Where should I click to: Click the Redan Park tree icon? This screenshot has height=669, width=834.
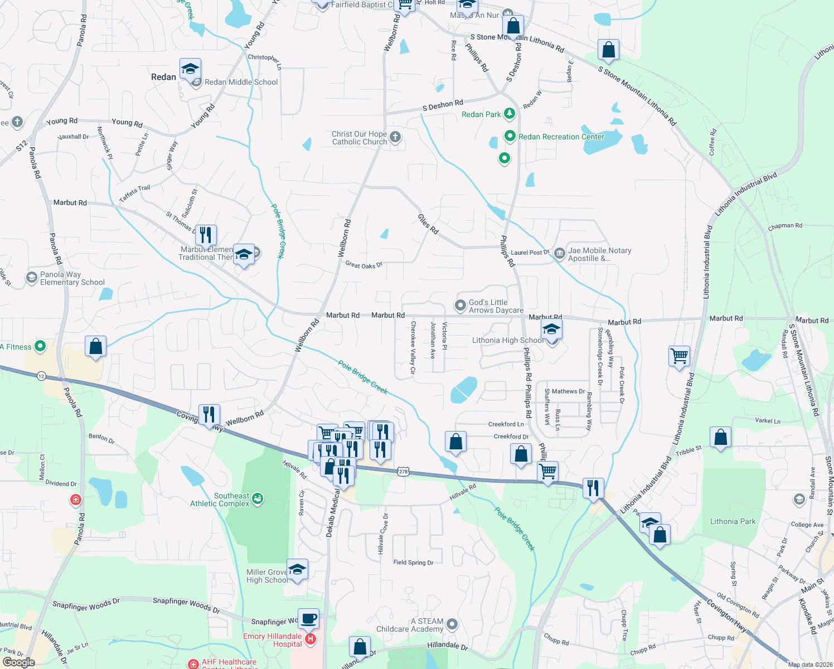pyautogui.click(x=509, y=114)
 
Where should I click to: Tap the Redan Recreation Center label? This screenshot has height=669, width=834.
pyautogui.click(x=561, y=137)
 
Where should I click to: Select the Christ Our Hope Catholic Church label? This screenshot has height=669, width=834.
pyautogui.click(x=359, y=138)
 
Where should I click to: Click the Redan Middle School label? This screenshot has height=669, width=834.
pyautogui.click(x=241, y=82)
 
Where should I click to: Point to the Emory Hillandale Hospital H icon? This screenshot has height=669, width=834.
pyautogui.click(x=311, y=639)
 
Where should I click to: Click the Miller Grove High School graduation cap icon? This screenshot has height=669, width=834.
pyautogui.click(x=297, y=569)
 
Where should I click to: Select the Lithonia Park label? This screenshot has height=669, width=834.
pyautogui.click(x=733, y=521)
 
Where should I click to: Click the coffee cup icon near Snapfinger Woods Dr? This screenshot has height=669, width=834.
pyautogui.click(x=308, y=618)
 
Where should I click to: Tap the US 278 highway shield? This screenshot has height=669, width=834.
pyautogui.click(x=403, y=472)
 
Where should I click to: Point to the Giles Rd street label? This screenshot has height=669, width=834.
pyautogui.click(x=428, y=224)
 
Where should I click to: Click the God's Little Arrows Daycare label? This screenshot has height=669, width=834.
pyautogui.click(x=496, y=306)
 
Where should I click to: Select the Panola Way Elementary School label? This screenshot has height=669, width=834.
pyautogui.click(x=72, y=278)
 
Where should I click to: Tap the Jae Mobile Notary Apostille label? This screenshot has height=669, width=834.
pyautogui.click(x=599, y=254)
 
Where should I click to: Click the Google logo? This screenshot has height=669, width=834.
pyautogui.click(x=18, y=662)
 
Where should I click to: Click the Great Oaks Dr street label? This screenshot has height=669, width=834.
pyautogui.click(x=363, y=265)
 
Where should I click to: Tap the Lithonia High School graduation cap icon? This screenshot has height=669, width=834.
pyautogui.click(x=551, y=329)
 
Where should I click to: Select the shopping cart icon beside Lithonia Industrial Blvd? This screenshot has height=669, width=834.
pyautogui.click(x=679, y=355)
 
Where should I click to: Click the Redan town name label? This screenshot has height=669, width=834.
pyautogui.click(x=163, y=77)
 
